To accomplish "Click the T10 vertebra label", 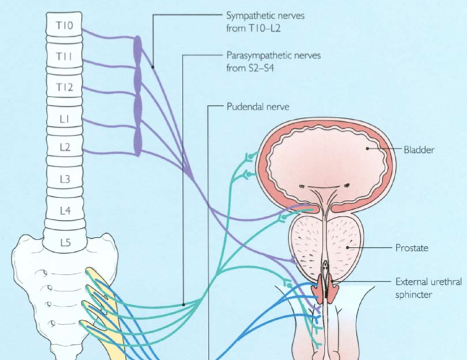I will click(63, 27).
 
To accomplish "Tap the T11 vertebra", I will click(63, 57).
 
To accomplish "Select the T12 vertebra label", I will click(63, 87).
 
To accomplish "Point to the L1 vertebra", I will click(63, 118).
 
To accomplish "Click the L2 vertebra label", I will click(63, 148).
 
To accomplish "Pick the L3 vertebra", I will click(63, 179).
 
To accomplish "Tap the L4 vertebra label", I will click(63, 210).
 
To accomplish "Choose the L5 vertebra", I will click(63, 243).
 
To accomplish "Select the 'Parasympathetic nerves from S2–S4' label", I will click(273, 61).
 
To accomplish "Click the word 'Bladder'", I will click(418, 150).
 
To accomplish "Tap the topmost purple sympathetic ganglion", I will click(137, 48).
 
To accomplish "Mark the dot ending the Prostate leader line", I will click(348, 247).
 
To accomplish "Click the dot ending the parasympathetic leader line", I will click(184, 304).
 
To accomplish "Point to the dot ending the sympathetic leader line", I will click(153, 65).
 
